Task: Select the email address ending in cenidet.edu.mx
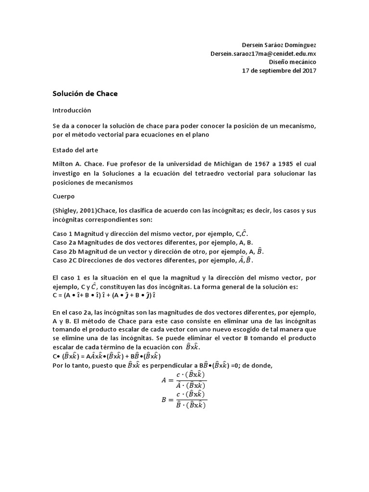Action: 263,53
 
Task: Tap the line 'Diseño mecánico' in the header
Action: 292,62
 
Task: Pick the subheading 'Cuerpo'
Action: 63,197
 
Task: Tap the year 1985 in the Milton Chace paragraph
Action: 279,165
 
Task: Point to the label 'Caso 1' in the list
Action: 62,234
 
